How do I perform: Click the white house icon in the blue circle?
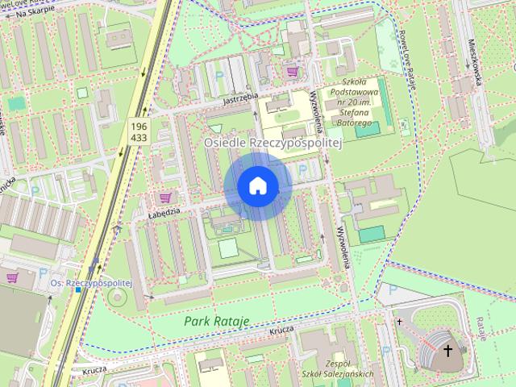258,185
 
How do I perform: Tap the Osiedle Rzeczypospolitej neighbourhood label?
274,142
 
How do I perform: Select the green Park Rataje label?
216,321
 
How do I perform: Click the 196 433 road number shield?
138,131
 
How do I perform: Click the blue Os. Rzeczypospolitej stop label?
90,284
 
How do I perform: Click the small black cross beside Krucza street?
399,321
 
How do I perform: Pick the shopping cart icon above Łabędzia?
166,197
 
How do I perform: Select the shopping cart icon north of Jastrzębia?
292,71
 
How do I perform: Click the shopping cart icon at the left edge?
12,277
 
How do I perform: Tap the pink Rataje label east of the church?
481,328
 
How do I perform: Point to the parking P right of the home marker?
302,171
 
